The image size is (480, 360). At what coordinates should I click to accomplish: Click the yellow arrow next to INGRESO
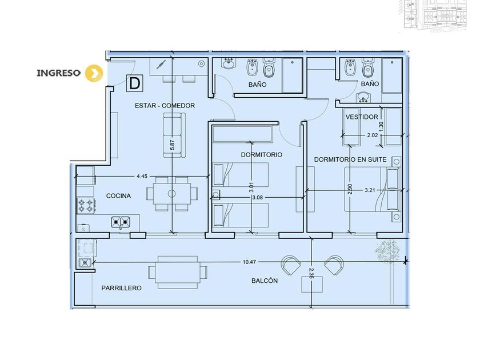94,73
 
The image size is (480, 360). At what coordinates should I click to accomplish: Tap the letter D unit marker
135,83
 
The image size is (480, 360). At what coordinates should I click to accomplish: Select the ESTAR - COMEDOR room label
165,106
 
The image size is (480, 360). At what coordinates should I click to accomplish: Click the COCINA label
118,195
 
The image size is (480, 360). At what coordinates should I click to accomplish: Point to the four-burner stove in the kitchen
86,206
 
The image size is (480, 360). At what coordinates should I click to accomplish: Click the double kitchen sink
121,222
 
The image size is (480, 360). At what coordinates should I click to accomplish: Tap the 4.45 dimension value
142,176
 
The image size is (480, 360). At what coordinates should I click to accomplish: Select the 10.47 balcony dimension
249,262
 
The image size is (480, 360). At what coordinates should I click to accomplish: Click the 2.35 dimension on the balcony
311,273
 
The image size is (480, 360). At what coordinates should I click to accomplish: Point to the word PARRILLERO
122,288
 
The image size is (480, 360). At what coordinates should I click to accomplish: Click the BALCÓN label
265,281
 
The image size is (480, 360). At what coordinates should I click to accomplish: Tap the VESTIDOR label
362,117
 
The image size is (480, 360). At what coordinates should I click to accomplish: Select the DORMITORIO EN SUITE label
350,159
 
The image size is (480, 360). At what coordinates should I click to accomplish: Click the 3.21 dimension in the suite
370,190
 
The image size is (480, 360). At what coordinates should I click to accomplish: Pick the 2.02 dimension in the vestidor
373,135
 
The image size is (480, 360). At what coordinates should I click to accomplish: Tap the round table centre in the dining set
172,194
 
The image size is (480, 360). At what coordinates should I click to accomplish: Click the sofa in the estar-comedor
174,135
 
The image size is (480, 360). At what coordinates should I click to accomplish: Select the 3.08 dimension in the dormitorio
258,198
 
